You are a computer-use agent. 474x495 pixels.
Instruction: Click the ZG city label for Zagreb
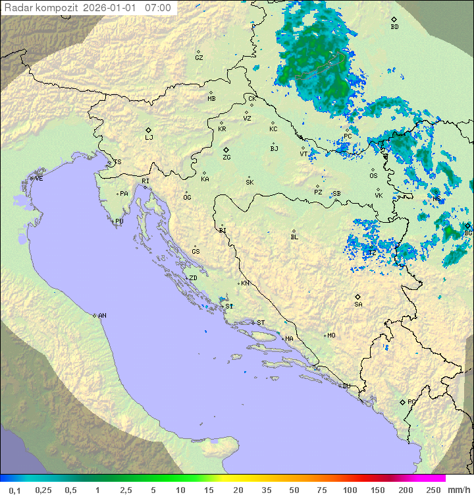click(226, 158)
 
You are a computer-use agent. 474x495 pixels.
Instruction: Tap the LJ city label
click(149, 138)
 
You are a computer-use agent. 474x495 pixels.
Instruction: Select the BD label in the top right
click(394, 27)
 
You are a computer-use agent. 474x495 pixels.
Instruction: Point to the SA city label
click(358, 305)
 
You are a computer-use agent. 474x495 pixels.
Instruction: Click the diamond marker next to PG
click(402, 401)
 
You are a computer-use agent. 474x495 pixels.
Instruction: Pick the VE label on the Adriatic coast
click(39, 179)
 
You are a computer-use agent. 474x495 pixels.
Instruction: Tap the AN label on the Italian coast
click(102, 316)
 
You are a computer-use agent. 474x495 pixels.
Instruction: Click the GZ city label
click(199, 58)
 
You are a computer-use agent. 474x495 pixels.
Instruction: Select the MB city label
click(211, 99)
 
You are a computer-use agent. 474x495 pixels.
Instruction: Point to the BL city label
click(294, 237)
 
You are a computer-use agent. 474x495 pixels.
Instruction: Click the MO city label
click(331, 335)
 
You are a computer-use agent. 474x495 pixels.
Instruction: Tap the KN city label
click(245, 283)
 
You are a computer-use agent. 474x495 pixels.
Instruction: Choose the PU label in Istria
click(119, 221)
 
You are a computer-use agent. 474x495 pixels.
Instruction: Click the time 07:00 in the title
click(158, 9)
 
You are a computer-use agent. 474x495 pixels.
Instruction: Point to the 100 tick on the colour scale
click(350, 490)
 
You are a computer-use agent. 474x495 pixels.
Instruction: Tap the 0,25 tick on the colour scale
click(43, 490)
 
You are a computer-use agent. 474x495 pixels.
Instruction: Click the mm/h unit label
click(458, 490)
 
